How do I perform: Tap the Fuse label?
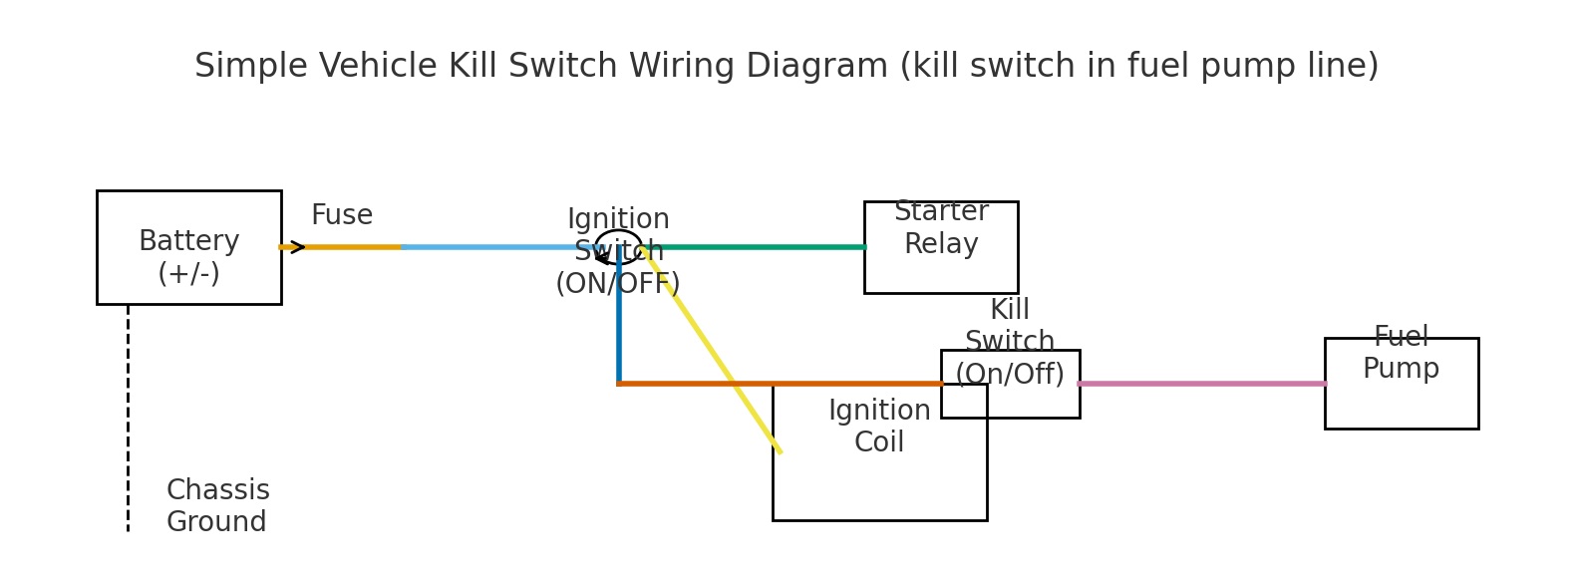point(341,215)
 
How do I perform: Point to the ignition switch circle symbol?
point(618,247)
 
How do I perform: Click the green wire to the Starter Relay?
point(758,247)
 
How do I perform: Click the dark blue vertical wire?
point(619,319)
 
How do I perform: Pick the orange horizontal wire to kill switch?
point(698,384)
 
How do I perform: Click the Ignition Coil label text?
point(879,427)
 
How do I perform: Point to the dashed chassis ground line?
point(128,419)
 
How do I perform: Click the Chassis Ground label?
point(217,506)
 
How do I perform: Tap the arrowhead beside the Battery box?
point(297,247)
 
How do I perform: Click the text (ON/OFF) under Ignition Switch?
point(617,284)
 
